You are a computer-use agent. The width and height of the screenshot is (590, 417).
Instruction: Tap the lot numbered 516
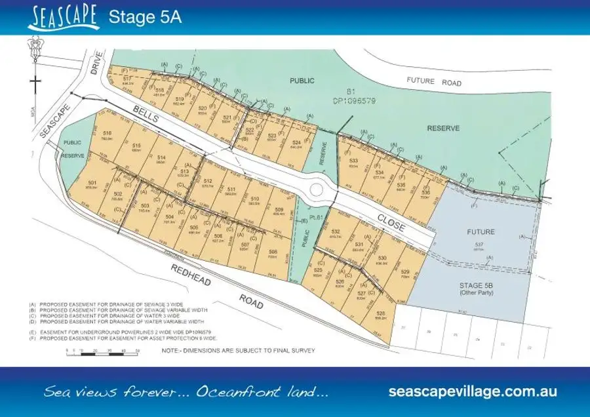(x=108, y=136)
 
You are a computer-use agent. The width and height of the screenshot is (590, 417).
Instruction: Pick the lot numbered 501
(x=92, y=184)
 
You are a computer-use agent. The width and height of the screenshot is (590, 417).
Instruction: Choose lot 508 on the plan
(x=273, y=253)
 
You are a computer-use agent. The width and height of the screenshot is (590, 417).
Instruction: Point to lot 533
(x=354, y=163)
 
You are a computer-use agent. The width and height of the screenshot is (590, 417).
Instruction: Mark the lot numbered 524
(x=297, y=145)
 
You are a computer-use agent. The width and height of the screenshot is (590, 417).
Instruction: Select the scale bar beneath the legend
(x=104, y=351)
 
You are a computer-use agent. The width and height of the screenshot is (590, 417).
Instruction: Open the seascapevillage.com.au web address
(x=473, y=391)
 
